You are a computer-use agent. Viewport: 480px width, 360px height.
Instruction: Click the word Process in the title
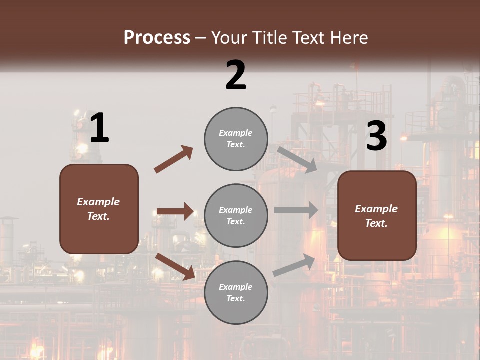pyautogui.click(x=157, y=38)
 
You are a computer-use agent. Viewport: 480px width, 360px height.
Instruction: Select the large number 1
pyautogui.click(x=99, y=128)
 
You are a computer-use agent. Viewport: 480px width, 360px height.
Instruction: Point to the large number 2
pyautogui.click(x=236, y=75)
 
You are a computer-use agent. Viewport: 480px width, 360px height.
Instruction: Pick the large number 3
pyautogui.click(x=376, y=136)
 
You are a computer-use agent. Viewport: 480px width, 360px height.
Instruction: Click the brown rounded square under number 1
pyautogui.click(x=99, y=209)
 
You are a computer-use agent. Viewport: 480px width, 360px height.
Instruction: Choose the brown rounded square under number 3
pyautogui.click(x=377, y=216)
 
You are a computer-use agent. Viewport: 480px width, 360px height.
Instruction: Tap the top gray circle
pyautogui.click(x=236, y=139)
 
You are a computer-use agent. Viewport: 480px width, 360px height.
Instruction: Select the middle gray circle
pyautogui.click(x=236, y=215)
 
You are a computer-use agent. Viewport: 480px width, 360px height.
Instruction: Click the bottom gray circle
pyautogui.click(x=236, y=292)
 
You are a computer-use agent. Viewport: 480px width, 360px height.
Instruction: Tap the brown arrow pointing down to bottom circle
pyautogui.click(x=175, y=266)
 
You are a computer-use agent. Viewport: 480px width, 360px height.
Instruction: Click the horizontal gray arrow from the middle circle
pyautogui.click(x=295, y=210)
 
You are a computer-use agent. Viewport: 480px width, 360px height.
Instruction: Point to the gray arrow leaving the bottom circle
pyautogui.click(x=294, y=266)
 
